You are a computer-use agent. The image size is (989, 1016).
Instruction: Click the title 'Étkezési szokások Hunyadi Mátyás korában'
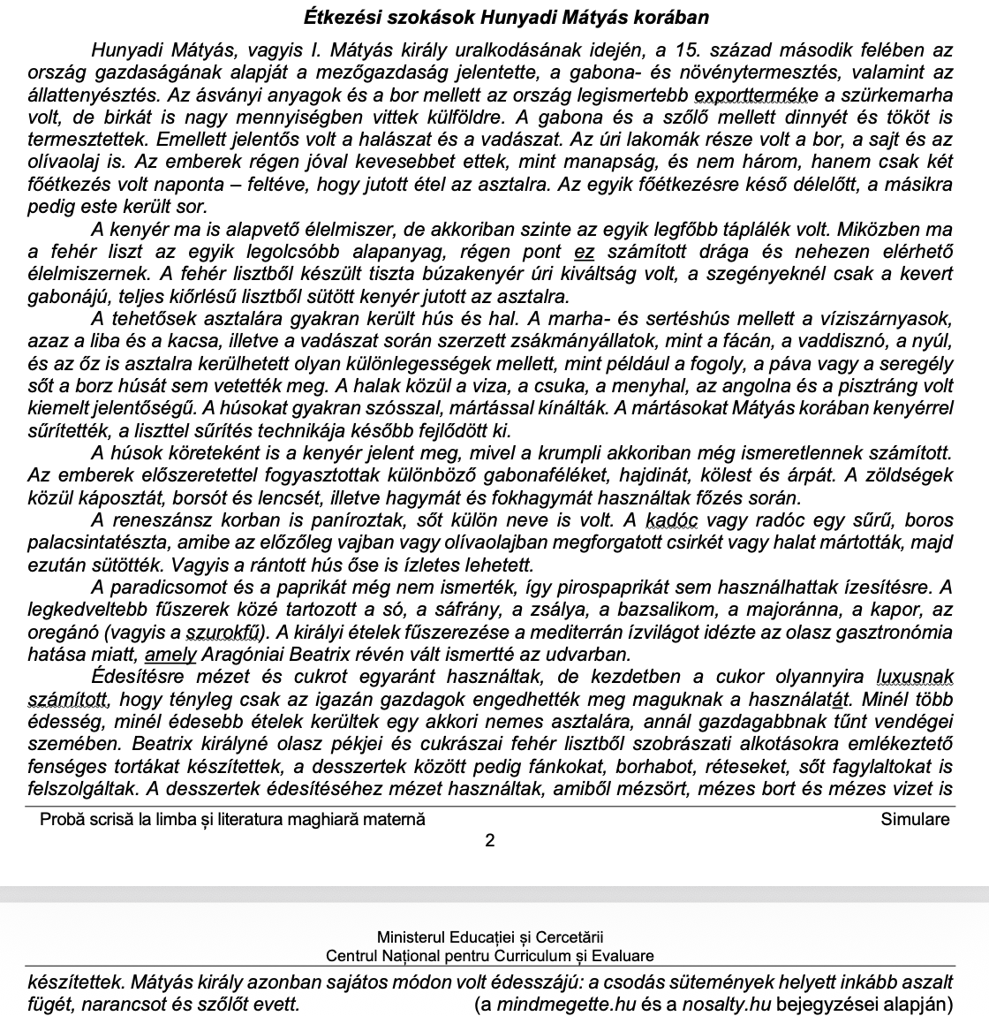[506, 17]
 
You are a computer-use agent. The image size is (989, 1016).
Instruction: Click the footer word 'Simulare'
[915, 819]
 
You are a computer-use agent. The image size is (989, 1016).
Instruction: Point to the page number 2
[491, 840]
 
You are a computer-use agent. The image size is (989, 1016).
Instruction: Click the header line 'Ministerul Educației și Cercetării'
[490, 936]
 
